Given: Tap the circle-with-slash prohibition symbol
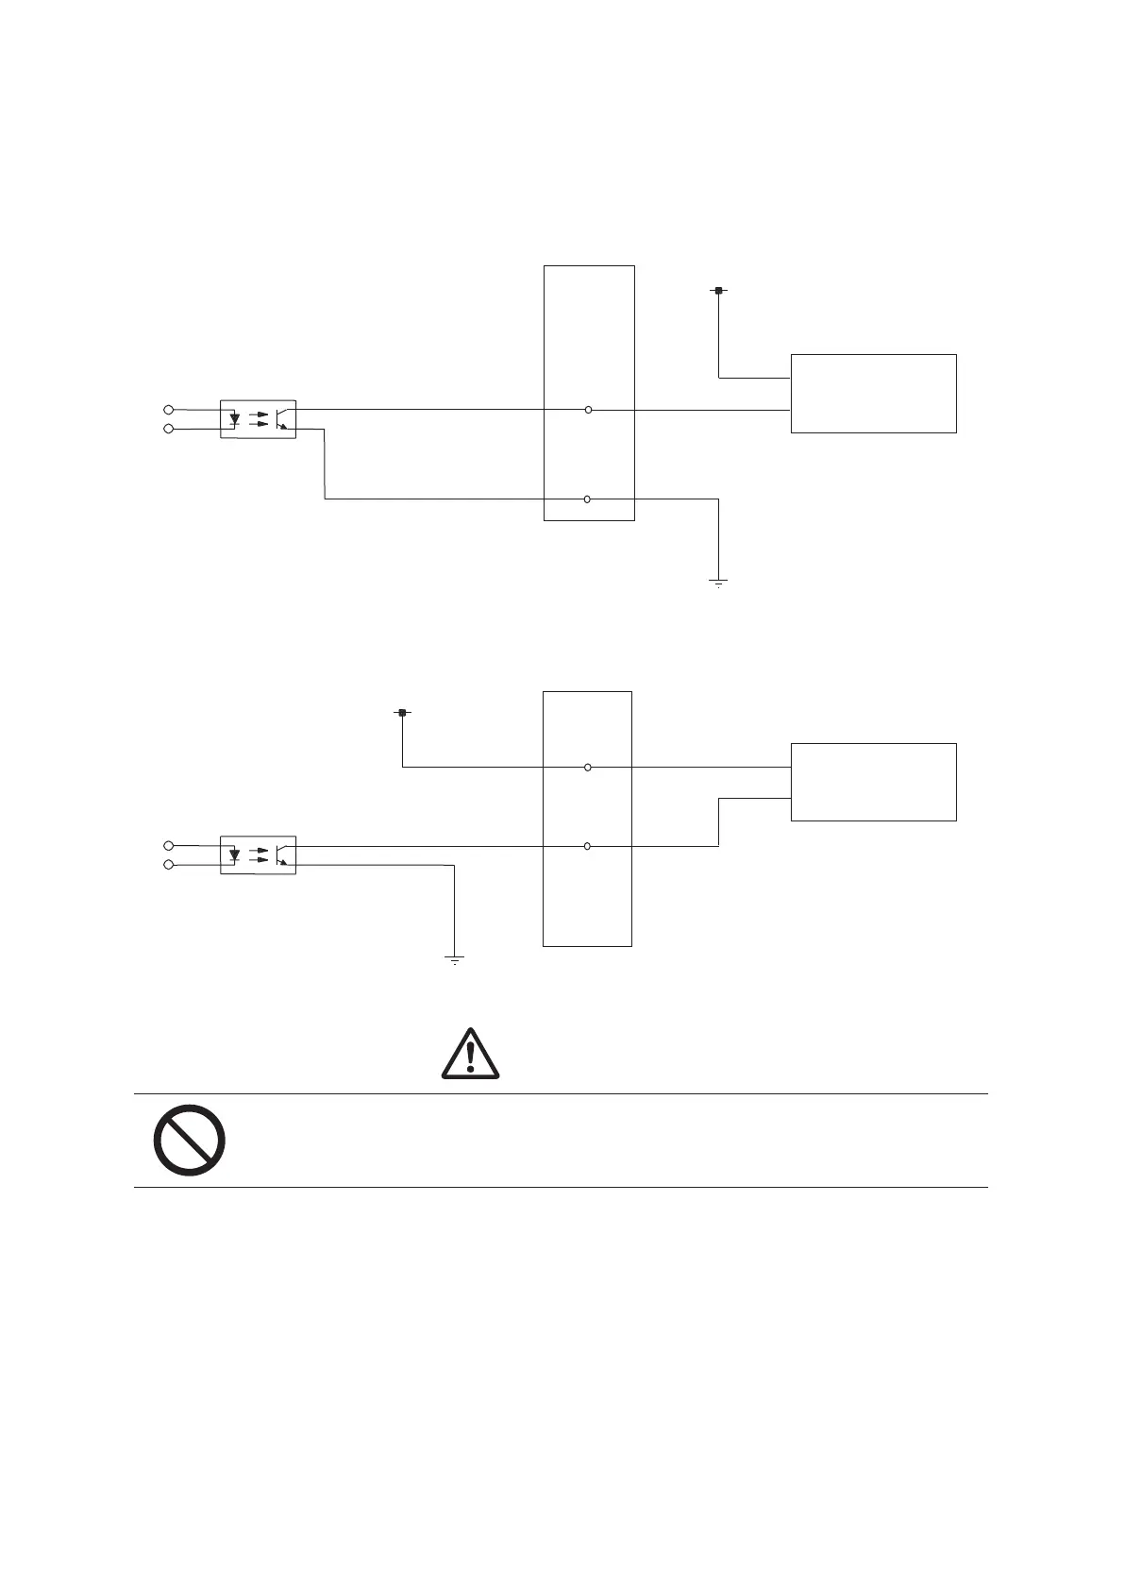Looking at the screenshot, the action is click(189, 1140).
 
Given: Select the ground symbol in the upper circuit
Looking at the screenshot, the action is click(718, 583).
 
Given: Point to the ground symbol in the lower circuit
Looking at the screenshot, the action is click(455, 960).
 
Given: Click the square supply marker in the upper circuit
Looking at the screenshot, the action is click(718, 291).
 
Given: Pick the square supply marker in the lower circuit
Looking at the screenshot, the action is click(402, 713).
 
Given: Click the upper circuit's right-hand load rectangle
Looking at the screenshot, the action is click(873, 394).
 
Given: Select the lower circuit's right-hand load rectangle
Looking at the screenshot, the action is click(873, 782).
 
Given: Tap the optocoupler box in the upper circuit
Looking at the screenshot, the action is click(258, 418).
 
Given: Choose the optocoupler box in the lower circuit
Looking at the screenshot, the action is click(258, 854).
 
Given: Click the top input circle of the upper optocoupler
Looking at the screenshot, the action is click(169, 409).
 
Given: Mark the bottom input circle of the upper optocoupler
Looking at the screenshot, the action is click(169, 429).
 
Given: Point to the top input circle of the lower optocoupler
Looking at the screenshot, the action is click(169, 845).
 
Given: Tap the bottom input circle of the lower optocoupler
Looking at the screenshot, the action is click(169, 865).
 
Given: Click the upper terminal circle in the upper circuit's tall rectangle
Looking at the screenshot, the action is click(588, 410).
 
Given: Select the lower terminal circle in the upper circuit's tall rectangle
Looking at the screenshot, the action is click(587, 499).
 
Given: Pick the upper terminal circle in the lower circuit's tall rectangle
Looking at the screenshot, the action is click(588, 768).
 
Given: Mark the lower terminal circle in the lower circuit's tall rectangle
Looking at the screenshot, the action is click(587, 846).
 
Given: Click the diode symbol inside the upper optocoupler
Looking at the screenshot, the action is click(235, 418).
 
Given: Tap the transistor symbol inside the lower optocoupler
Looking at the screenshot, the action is click(283, 854).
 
